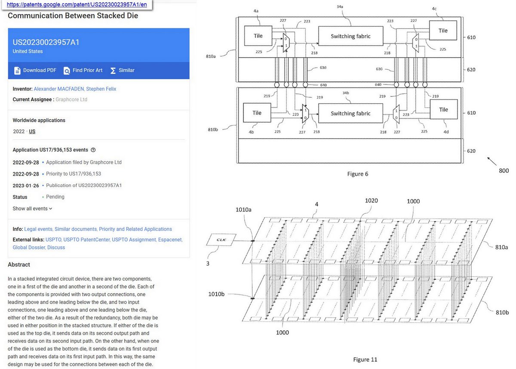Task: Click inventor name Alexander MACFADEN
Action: point(58,89)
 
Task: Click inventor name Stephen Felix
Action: point(101,89)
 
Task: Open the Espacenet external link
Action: point(170,239)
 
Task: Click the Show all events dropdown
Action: point(33,208)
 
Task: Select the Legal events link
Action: point(39,229)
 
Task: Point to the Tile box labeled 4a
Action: point(258,36)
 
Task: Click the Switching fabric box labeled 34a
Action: point(350,36)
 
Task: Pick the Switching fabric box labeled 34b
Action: point(350,114)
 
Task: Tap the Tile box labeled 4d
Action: point(443,110)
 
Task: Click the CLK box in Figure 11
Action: point(221,239)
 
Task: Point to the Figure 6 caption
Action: point(358,174)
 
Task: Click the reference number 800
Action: point(504,171)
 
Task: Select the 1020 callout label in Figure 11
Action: point(372,200)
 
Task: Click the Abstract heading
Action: point(19,264)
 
